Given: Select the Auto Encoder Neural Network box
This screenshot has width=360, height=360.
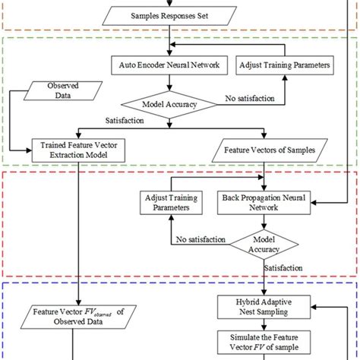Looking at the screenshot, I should [x=171, y=65].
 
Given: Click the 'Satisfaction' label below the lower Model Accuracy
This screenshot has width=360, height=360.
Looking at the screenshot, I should [x=283, y=267].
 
